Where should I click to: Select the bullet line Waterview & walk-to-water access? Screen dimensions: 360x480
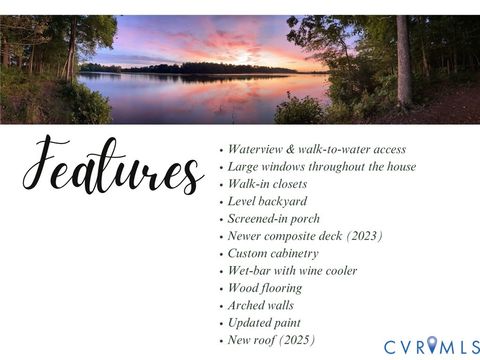[316, 149]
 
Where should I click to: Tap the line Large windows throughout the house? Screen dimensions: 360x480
[321, 166]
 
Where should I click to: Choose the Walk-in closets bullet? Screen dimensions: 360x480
[267, 184]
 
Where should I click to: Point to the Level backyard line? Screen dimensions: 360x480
[267, 201]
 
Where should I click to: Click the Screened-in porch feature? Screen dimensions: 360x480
[274, 218]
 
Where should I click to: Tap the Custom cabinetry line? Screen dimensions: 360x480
[273, 253]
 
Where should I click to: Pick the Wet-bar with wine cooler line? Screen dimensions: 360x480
[292, 270]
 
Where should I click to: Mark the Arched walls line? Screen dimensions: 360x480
[260, 305]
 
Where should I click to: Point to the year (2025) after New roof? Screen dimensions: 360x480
[296, 340]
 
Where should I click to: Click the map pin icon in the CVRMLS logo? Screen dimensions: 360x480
[432, 345]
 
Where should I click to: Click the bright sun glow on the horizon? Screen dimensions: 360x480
[244, 58]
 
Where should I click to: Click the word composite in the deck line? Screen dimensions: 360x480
[299, 236]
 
